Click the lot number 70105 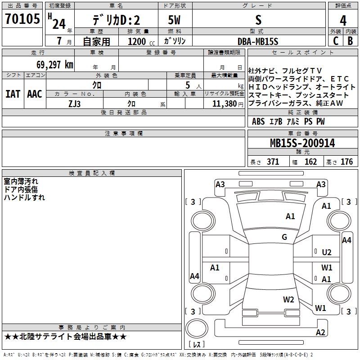22,18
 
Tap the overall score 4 343,20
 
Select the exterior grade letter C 336,41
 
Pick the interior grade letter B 350,41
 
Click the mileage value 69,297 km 55,65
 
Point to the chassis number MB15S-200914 302,143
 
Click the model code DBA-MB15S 258,41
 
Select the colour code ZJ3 74,104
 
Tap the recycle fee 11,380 224,104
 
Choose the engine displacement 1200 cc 141,41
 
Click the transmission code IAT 13,94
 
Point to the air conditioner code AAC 35,94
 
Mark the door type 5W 174,20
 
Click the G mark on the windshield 284,237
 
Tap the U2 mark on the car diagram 327,252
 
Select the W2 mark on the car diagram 288,299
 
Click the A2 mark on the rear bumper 320,332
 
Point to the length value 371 273,162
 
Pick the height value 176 346,162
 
